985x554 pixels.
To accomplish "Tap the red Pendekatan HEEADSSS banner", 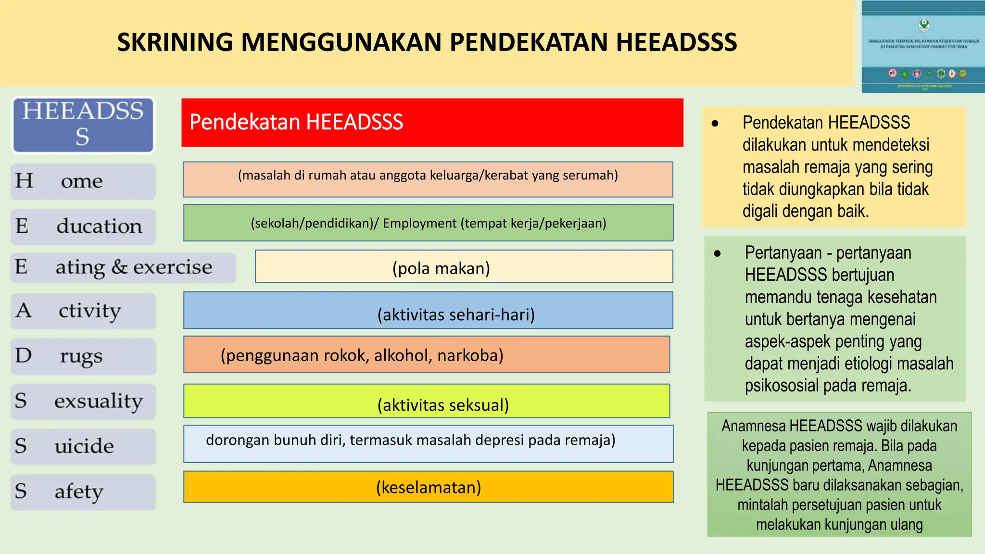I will pyautogui.click(x=432, y=123).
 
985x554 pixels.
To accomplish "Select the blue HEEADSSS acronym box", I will pyautogui.click(x=83, y=125).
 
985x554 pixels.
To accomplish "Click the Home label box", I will pyautogui.click(x=83, y=181).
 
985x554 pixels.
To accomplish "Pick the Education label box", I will pyautogui.click(x=83, y=227).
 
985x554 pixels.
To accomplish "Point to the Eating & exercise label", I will pyautogui.click(x=123, y=267).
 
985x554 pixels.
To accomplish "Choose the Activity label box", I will pyautogui.click(x=83, y=311).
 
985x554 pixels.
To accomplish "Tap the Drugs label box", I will pyautogui.click(x=83, y=356).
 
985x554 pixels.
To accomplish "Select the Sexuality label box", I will pyautogui.click(x=83, y=402).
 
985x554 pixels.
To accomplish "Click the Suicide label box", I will pyautogui.click(x=83, y=447).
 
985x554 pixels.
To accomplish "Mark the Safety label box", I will pyautogui.click(x=83, y=492).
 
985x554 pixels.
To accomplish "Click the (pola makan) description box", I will pyautogui.click(x=464, y=267).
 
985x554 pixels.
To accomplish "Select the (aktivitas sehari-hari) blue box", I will pyautogui.click(x=428, y=311).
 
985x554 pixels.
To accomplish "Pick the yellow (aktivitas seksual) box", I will pyautogui.click(x=427, y=401).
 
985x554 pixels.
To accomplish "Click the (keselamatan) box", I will pyautogui.click(x=428, y=487).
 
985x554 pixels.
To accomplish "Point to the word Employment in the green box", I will pyautogui.click(x=419, y=223).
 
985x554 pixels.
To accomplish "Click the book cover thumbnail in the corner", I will pyautogui.click(x=923, y=47).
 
